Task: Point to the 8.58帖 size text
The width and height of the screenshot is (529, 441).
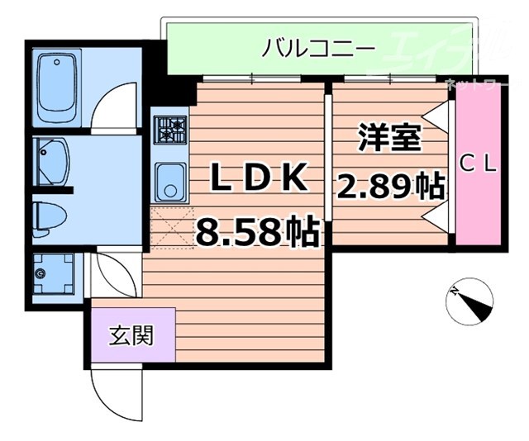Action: pos(257,230)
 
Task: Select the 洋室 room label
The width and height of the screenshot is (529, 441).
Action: pos(389,136)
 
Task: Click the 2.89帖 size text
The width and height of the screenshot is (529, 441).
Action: pos(389,187)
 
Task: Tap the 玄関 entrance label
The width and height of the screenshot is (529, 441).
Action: pos(131,335)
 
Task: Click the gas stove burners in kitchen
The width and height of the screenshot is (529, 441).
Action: pos(171,130)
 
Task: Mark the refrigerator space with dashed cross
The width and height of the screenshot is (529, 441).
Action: pos(171,227)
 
